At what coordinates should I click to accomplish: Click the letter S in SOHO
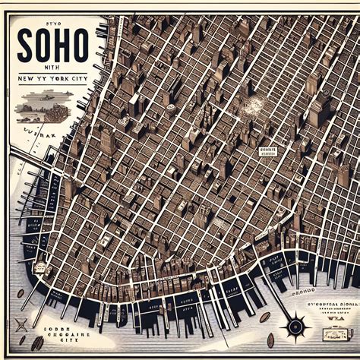click(25, 46)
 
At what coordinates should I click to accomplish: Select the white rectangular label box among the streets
click(267, 151)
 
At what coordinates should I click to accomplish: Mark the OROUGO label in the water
click(303, 289)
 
